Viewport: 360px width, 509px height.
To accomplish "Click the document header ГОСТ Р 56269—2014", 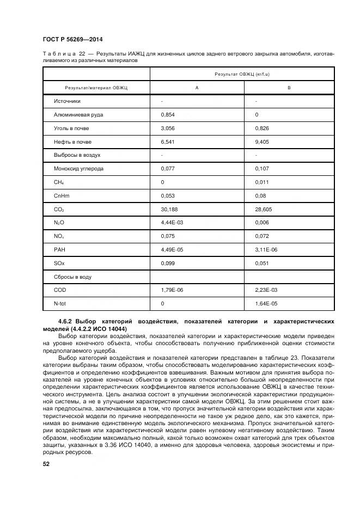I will tap(72, 40).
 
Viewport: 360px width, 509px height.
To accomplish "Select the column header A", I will tap(197, 88).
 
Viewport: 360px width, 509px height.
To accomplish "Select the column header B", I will tap(289, 88).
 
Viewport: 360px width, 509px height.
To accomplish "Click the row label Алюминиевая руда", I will tap(78, 115).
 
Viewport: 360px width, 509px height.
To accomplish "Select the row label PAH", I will tap(59, 250).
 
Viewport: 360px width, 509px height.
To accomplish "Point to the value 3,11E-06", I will tap(266, 250).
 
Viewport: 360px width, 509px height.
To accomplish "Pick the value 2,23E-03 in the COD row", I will tap(266, 290).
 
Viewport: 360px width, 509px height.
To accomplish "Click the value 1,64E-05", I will tap(266, 303).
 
